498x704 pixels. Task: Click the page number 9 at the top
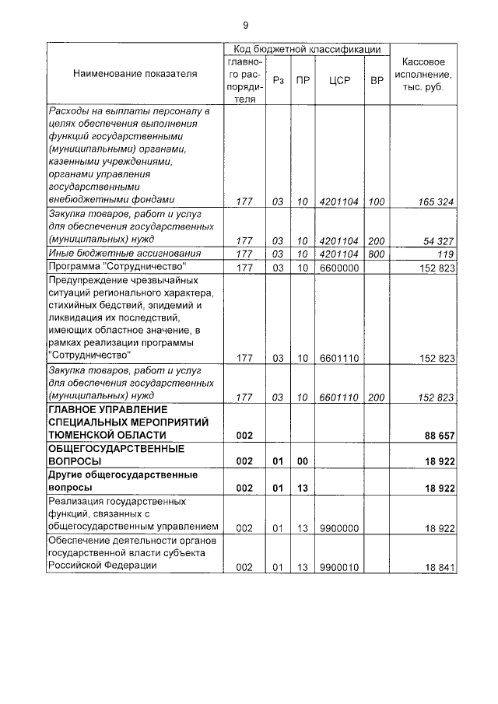coord(245,24)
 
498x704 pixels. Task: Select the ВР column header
coord(377,79)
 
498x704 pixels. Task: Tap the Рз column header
coord(278,79)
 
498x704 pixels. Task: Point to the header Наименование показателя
coord(135,74)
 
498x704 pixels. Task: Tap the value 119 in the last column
coord(445,254)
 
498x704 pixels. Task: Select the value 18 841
coord(439,568)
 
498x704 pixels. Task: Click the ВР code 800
coord(377,254)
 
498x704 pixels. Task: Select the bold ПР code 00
coord(303,461)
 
